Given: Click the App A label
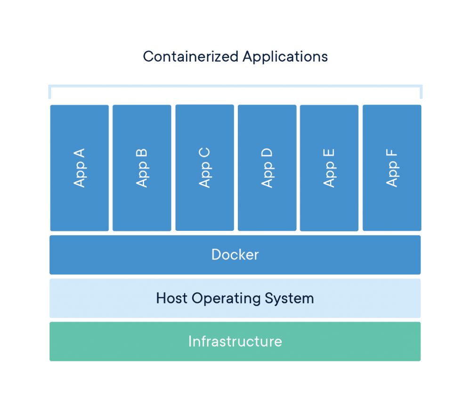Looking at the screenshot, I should tap(80, 168).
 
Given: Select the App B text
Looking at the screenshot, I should tap(142, 168).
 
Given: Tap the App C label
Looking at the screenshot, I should tap(204, 168).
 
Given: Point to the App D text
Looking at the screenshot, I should tap(267, 168).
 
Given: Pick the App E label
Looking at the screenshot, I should tap(329, 168).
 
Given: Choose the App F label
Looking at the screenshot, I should tap(392, 168).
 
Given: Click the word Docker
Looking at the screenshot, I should tap(235, 255).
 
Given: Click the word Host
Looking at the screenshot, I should tap(172, 298).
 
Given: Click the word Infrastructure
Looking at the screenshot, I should tap(235, 341).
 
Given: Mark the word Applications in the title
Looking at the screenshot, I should tap(285, 57).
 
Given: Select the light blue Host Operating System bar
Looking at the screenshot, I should tap(94, 299).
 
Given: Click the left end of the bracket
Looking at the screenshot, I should tap(49, 92).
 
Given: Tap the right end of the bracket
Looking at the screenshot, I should tap(421, 92).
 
